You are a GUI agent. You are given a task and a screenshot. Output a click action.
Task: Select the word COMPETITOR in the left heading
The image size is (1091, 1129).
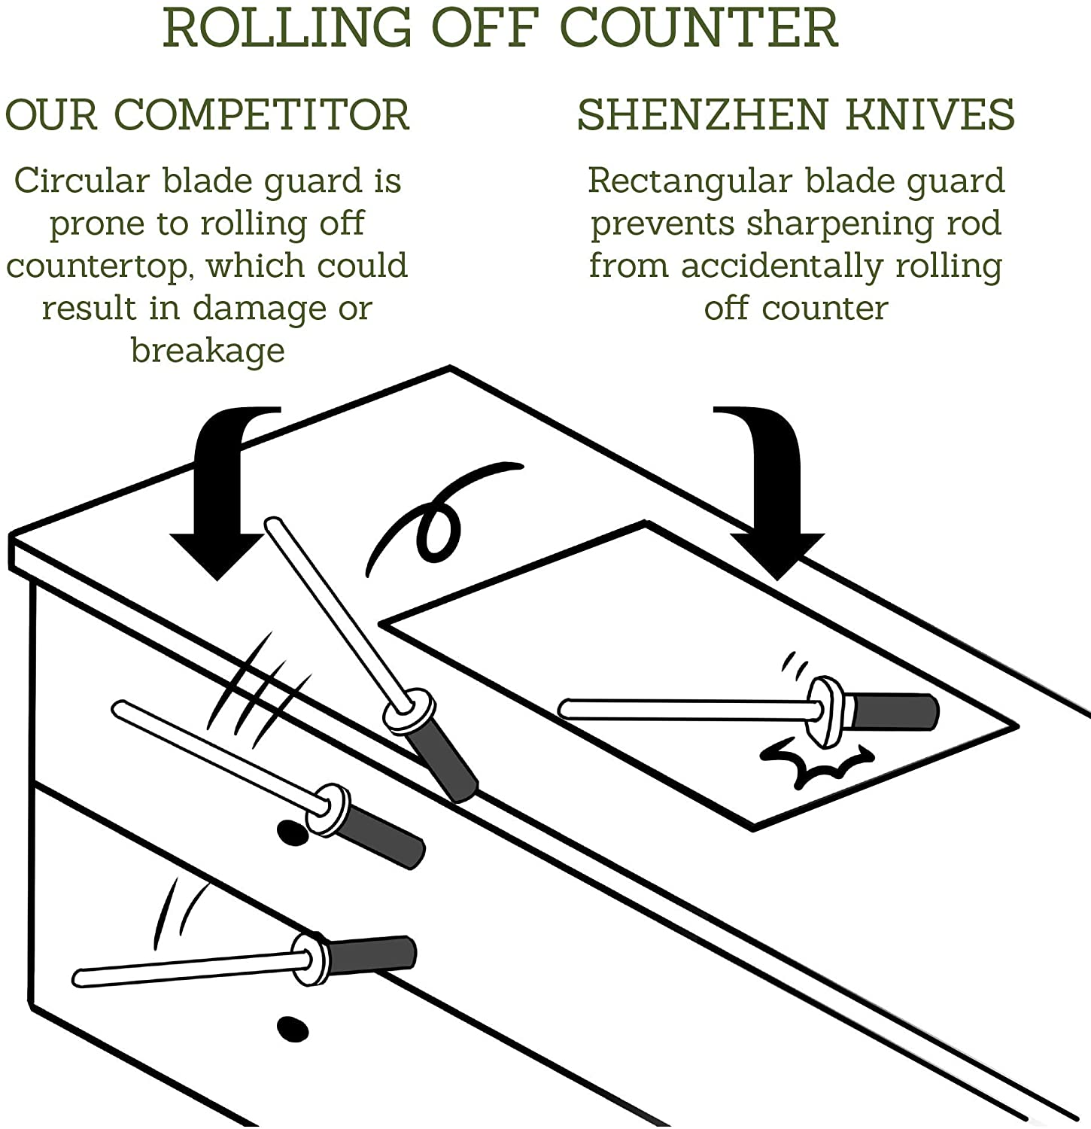click(x=262, y=115)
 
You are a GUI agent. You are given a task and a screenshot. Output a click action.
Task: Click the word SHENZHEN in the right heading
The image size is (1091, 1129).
click(x=700, y=115)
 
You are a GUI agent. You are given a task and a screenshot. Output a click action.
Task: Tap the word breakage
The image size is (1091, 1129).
click(x=208, y=350)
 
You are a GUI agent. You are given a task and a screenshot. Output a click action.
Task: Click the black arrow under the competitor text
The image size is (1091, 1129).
click(x=222, y=497)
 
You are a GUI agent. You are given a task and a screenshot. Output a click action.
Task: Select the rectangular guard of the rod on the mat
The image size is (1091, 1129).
click(x=826, y=711)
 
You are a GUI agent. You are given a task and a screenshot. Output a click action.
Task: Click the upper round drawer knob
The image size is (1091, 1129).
click(x=293, y=832)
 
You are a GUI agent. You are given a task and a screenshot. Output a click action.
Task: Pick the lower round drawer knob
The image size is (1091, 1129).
click(x=293, y=1028)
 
